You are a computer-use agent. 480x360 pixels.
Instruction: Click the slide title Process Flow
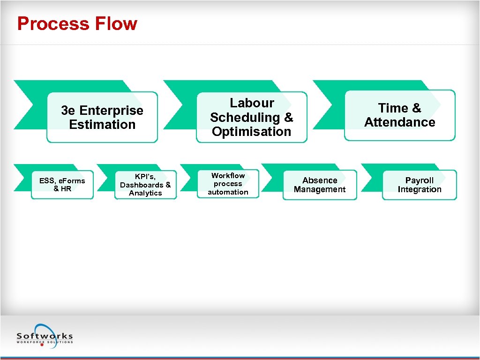77,24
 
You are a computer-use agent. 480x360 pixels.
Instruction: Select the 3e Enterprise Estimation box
102,117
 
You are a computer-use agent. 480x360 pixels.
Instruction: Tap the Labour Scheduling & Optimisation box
251,117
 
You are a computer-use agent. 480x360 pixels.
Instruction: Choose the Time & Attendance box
399,115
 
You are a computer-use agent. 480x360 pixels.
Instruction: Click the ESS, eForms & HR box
62,185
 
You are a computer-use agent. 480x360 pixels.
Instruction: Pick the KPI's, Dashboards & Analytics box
145,185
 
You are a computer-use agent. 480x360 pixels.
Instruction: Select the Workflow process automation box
228,184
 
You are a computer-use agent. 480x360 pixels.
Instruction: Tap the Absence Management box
320,185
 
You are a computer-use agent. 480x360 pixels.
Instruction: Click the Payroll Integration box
420,185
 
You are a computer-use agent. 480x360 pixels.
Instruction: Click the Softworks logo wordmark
45,336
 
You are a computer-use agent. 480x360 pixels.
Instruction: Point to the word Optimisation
251,132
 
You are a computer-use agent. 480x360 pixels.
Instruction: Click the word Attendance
399,122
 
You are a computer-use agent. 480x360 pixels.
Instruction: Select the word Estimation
102,125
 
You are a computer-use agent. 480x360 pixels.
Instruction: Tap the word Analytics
145,193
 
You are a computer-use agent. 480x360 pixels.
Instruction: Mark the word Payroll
420,180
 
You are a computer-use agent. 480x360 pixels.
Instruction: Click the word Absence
320,180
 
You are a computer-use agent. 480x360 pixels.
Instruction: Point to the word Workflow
228,175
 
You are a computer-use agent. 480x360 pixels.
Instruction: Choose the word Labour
252,103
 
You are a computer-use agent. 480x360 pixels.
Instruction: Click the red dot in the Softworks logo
42,345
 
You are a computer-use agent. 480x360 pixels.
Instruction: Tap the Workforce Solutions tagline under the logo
45,342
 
